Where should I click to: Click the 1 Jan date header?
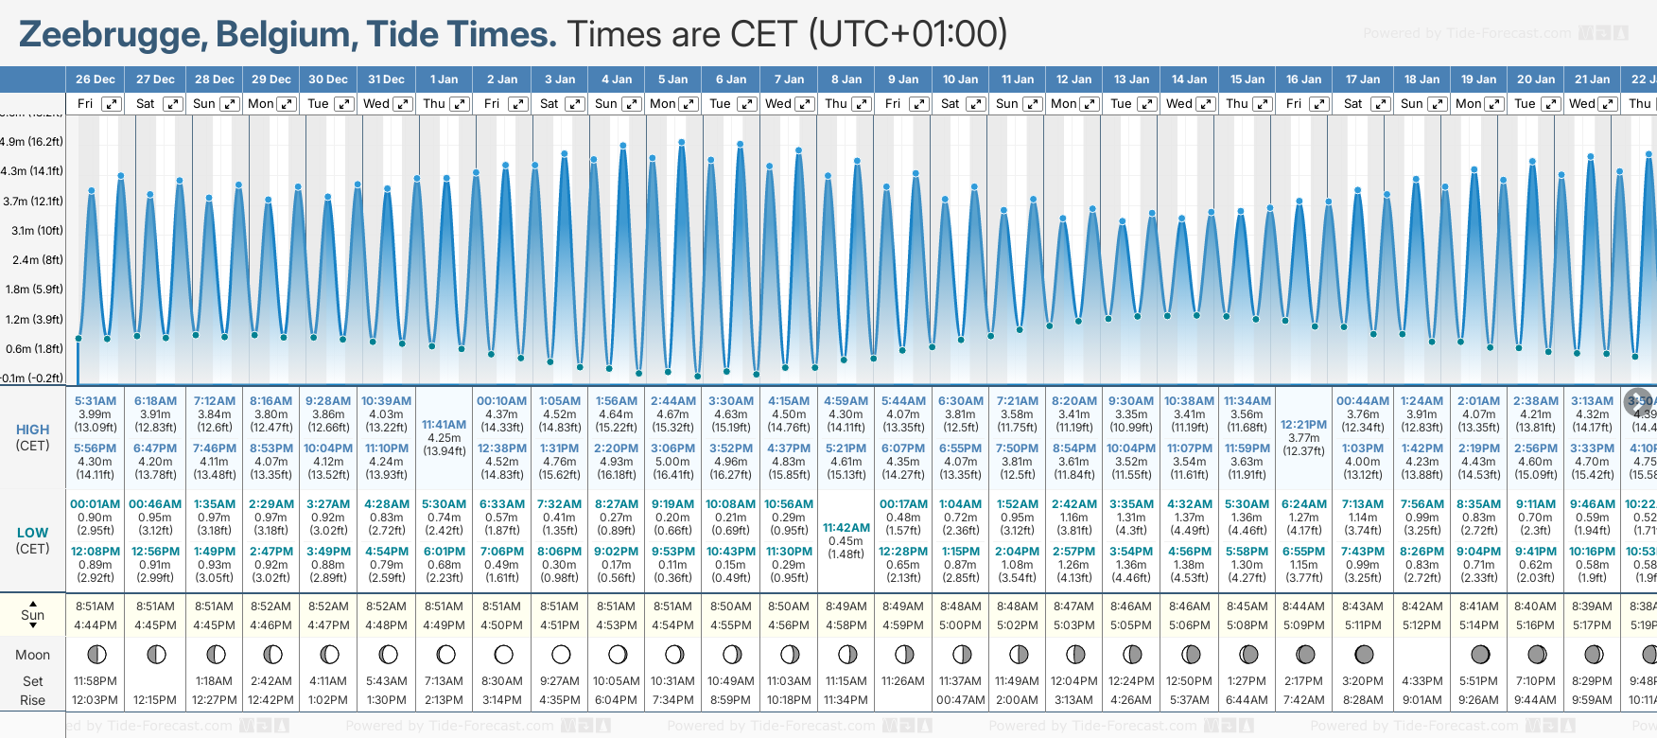pyautogui.click(x=444, y=79)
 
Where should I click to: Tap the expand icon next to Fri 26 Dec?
pyautogui.click(x=112, y=104)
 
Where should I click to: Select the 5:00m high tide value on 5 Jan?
pyautogui.click(x=672, y=462)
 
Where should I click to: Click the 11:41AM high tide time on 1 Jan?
pyautogui.click(x=444, y=425)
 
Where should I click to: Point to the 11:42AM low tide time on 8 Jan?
pyautogui.click(x=846, y=528)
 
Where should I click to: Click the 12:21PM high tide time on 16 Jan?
pyautogui.click(x=1303, y=425)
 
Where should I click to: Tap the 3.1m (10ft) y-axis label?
pyautogui.click(x=33, y=231)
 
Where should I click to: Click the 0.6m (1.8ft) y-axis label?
pyautogui.click(x=33, y=349)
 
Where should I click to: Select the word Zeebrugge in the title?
pyautogui.click(x=111, y=35)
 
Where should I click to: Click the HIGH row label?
pyautogui.click(x=32, y=430)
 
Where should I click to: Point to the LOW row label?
pyautogui.click(x=32, y=533)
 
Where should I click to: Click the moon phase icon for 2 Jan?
pyautogui.click(x=503, y=654)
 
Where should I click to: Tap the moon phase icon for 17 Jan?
pyautogui.click(x=1364, y=654)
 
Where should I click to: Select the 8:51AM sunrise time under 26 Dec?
pyautogui.click(x=96, y=606)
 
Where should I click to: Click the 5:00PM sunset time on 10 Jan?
pyautogui.click(x=961, y=625)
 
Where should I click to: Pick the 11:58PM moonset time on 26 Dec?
pyautogui.click(x=96, y=681)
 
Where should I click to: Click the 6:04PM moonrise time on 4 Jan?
pyautogui.click(x=616, y=700)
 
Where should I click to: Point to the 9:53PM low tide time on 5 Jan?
pyautogui.click(x=672, y=552)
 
